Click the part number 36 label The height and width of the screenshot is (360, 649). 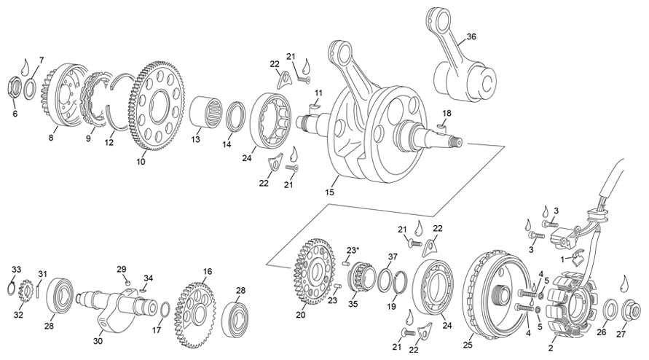(471, 37)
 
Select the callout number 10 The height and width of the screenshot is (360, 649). (141, 162)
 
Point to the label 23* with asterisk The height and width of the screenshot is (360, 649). (353, 251)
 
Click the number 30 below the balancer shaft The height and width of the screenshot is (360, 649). (98, 339)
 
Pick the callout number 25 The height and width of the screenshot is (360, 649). (468, 346)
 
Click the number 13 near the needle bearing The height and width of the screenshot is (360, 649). (195, 139)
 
